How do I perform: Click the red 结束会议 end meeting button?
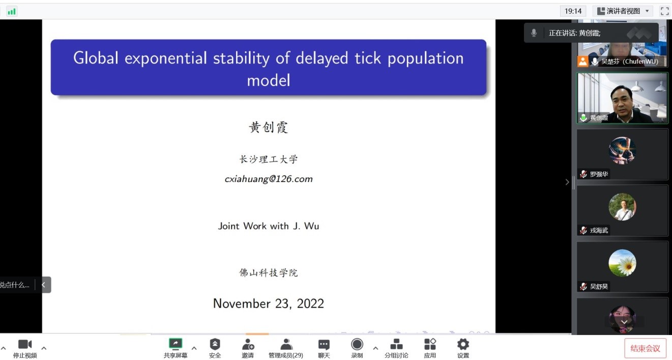(x=646, y=348)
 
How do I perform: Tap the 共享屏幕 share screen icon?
(x=176, y=344)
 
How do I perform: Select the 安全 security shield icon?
(x=215, y=344)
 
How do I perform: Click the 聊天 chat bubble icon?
(x=324, y=344)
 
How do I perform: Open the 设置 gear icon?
(x=463, y=344)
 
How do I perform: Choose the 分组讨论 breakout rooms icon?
(x=396, y=344)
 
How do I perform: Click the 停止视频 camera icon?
(x=25, y=344)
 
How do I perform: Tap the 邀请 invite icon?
(x=248, y=344)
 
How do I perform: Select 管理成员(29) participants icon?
(x=286, y=344)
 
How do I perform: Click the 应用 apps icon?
(x=430, y=344)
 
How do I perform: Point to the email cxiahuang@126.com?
(x=269, y=179)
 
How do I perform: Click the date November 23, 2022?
(x=269, y=304)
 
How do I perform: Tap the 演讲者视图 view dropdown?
(x=623, y=11)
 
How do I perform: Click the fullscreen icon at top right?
(x=664, y=11)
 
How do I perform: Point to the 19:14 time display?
(x=573, y=11)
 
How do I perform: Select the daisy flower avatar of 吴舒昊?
(x=622, y=263)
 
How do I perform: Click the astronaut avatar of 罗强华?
(x=622, y=150)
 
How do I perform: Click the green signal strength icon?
(x=12, y=11)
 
